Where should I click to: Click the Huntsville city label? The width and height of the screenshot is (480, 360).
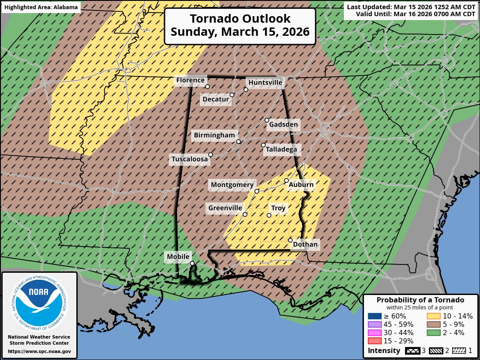(265, 82)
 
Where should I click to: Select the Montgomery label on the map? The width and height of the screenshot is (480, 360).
(232, 185)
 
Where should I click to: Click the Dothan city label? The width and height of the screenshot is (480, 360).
(305, 244)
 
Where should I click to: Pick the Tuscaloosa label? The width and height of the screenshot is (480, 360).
(189, 160)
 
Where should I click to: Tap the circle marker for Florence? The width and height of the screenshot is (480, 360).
(207, 86)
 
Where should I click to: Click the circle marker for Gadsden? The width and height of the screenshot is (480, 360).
(267, 120)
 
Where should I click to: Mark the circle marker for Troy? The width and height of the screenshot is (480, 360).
(269, 215)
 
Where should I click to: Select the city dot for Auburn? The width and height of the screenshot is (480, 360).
(286, 180)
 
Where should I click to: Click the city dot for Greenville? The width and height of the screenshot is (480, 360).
(245, 214)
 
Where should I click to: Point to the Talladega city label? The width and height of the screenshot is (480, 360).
(281, 150)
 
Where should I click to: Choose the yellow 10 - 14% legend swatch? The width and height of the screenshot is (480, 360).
(433, 316)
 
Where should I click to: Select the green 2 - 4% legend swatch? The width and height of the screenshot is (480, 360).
(433, 333)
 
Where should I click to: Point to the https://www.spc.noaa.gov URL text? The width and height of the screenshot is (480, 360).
(39, 351)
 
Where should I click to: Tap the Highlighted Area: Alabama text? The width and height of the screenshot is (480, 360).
(41, 7)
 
